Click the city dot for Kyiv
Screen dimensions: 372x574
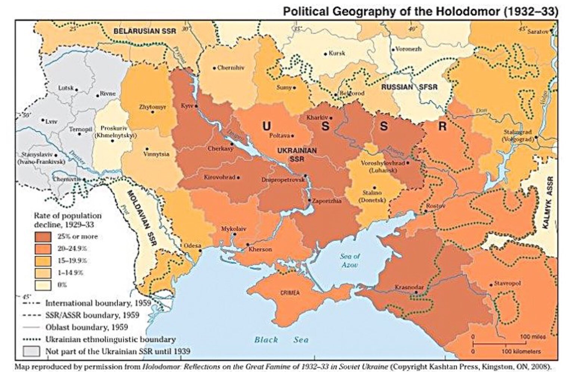[196, 106]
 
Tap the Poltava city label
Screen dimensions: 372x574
[280, 136]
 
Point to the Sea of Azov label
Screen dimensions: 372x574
[350, 260]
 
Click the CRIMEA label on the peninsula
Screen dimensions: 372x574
[290, 293]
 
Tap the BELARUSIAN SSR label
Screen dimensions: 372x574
[144, 31]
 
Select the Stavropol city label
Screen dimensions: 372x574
[507, 283]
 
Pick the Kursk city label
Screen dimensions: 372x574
[337, 53]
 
